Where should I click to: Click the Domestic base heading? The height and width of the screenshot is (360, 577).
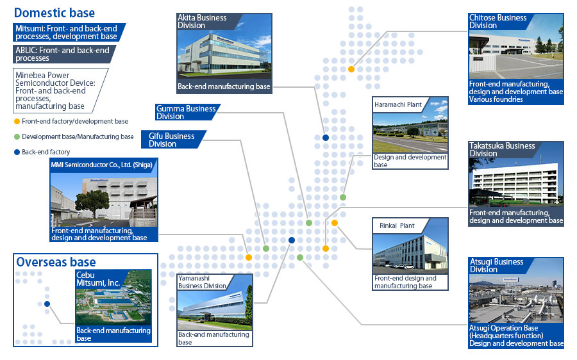[54, 13]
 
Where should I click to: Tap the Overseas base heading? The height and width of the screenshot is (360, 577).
[56, 262]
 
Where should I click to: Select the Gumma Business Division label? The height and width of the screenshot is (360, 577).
[186, 112]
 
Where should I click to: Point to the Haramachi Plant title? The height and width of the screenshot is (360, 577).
[397, 104]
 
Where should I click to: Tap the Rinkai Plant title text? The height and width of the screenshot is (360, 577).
[397, 225]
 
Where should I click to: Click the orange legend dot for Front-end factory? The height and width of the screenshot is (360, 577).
[17, 121]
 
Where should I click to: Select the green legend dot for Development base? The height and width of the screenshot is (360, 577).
[17, 137]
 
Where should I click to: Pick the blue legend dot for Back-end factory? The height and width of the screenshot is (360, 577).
[17, 152]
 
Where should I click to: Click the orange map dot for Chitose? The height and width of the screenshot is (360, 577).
[351, 69]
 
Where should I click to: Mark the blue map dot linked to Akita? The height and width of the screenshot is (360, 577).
[326, 138]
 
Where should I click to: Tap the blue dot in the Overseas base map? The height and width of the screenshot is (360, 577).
[47, 304]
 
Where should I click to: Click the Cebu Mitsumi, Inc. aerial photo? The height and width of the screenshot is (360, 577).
[113, 298]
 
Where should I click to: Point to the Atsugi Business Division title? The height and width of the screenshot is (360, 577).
[496, 265]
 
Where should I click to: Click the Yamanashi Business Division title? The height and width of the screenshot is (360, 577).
[202, 282]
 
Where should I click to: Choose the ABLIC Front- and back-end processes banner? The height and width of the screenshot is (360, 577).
[63, 54]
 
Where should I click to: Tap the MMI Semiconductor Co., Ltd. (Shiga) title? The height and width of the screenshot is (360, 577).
[101, 165]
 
